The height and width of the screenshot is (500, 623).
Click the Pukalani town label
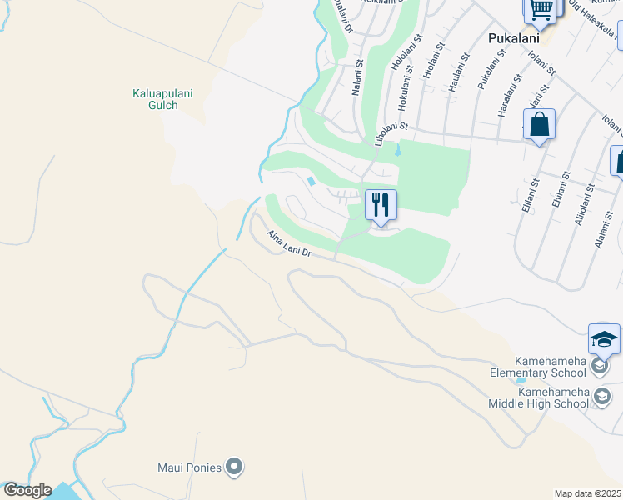point(512,38)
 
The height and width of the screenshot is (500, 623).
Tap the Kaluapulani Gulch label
point(162,100)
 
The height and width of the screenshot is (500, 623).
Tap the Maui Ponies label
point(190,467)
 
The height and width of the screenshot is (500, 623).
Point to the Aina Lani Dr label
point(289,244)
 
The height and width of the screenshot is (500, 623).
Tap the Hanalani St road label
point(507,101)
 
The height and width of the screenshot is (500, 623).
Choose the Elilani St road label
point(529,195)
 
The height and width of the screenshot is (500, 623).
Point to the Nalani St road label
point(356,77)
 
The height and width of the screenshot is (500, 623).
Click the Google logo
point(27,490)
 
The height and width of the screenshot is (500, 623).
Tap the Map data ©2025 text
point(588,493)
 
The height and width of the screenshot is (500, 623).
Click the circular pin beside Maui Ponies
point(235,467)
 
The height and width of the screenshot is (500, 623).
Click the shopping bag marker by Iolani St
point(539,125)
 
